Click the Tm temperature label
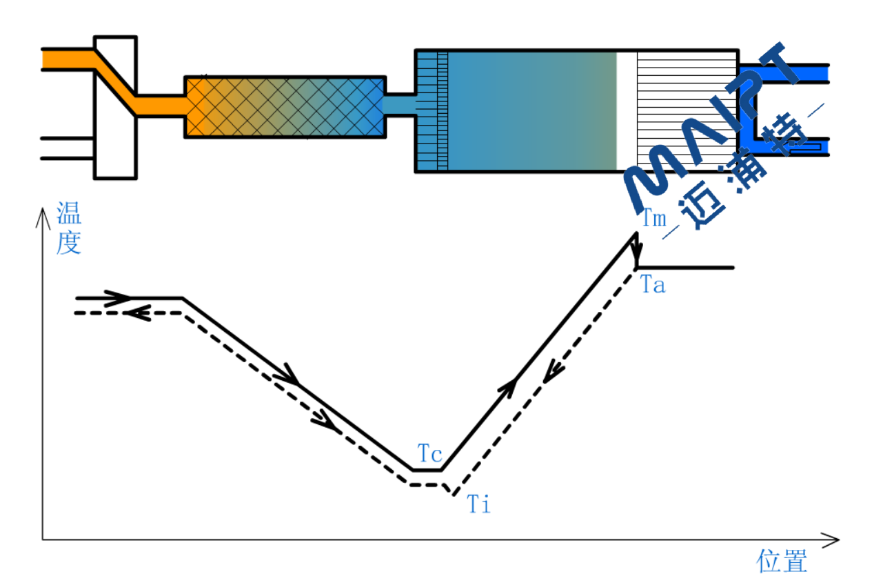coord(654,219)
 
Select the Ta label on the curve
coord(653,284)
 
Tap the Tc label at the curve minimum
coord(430,454)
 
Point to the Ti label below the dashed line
coord(479,504)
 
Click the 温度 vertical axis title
coord(69,228)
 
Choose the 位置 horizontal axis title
coord(782,561)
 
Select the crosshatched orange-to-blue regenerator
coord(285,107)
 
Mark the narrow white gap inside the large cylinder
coord(626,110)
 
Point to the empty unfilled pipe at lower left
coord(68,148)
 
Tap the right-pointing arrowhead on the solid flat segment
coord(120,299)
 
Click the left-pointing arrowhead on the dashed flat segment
coord(138,313)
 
